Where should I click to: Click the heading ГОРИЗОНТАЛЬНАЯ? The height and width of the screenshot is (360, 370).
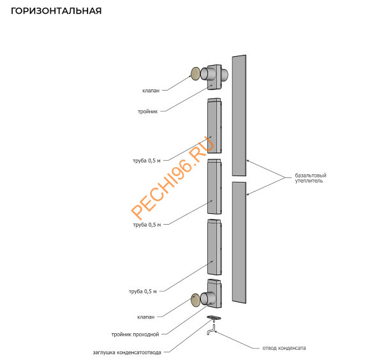coord(56,11)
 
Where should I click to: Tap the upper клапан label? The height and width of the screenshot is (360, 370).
coord(151,91)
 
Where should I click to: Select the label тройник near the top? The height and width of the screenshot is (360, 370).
coord(148,112)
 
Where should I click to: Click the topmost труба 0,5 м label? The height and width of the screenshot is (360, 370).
coord(147,161)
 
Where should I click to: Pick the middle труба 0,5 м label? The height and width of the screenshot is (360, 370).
coord(147,225)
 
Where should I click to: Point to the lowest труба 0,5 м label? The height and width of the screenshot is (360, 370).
coord(142,292)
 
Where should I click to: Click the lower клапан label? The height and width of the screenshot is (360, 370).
coord(146,317)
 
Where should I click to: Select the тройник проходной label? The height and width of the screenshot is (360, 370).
coord(135,334)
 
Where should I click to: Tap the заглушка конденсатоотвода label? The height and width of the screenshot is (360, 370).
coord(127,353)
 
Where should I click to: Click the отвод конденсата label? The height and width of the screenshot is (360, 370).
coord(284,348)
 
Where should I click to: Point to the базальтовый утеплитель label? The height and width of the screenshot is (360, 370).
coord(311,178)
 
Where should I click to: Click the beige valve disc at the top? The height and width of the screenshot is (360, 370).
coord(195,73)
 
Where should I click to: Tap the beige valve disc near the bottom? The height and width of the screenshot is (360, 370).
coord(195,300)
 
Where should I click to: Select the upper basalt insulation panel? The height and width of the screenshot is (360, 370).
coord(239,116)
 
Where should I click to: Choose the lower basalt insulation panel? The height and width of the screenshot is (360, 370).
coord(239,242)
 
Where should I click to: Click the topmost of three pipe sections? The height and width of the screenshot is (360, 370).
coord(214,126)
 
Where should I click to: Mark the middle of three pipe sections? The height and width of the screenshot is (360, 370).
coord(214,186)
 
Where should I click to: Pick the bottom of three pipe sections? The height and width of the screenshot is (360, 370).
coord(214,247)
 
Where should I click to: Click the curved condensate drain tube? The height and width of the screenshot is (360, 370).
coord(211,330)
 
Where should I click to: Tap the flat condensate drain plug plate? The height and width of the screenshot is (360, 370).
coord(214,317)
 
